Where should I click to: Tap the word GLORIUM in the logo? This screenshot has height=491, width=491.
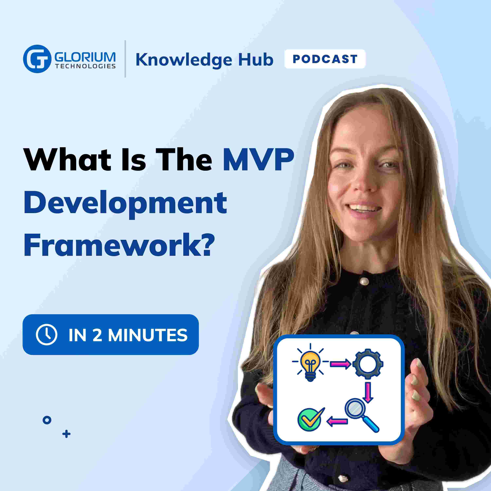click(85, 57)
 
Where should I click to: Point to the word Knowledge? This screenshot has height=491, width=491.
click(184, 61)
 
